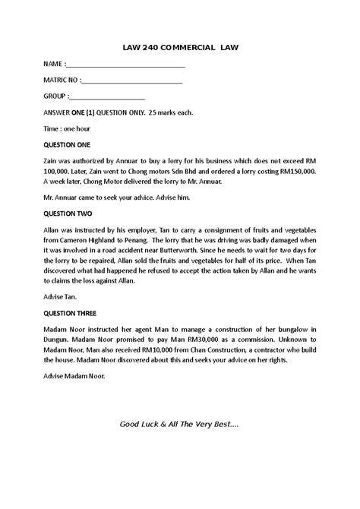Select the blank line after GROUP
[x=107, y=96]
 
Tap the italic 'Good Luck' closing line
[x=179, y=422]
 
